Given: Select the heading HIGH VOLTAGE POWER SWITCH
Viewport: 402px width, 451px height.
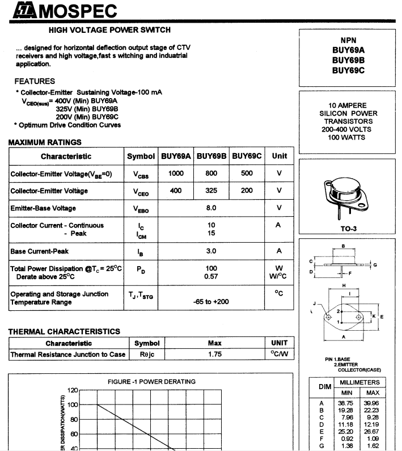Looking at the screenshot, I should (x=109, y=30).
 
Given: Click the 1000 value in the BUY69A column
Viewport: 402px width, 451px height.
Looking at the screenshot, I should (x=176, y=174).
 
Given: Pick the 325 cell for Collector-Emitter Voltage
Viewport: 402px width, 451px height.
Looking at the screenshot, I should (x=211, y=191).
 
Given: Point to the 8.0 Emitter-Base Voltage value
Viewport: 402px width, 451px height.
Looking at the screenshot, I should (x=211, y=208).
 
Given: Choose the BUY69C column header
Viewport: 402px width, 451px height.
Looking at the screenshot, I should (x=247, y=156).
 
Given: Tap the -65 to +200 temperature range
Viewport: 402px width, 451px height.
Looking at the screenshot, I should (x=211, y=302).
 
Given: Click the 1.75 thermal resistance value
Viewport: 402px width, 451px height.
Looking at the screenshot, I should (x=214, y=355).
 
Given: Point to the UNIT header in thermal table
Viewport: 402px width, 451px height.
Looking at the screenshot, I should (x=280, y=343).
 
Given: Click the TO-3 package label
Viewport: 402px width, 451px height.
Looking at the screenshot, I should (x=348, y=230).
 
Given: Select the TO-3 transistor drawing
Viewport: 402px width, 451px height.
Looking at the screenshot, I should (x=348, y=199).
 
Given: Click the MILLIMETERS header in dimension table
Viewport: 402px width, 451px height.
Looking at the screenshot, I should (x=359, y=383).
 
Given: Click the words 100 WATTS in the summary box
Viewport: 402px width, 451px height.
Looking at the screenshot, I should (x=348, y=137).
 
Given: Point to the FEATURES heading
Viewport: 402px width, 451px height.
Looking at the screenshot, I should (x=35, y=81).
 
